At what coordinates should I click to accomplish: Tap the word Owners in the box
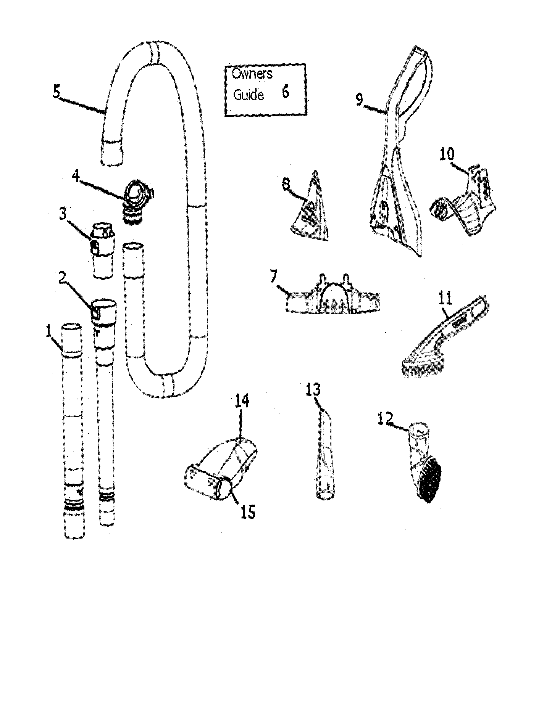252,74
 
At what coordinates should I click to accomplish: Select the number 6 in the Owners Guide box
285,93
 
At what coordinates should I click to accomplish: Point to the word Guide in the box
248,95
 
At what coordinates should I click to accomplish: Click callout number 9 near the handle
359,99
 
